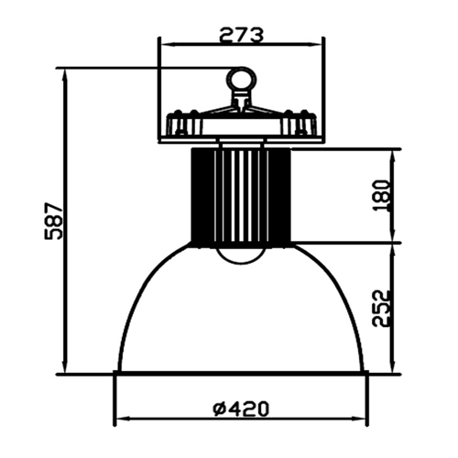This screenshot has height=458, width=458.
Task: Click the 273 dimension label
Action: pos(241,35)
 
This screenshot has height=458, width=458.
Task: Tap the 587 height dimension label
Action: pos(53,221)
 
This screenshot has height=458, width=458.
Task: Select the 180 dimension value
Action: pos(382,196)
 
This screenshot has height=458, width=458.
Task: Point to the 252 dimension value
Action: pos(382,309)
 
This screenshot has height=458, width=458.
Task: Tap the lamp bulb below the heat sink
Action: pos(241,255)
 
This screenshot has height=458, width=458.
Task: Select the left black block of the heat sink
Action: pos(202,195)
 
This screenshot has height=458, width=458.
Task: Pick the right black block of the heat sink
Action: pos(279,195)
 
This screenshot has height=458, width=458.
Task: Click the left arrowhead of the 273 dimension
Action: pos(168,45)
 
